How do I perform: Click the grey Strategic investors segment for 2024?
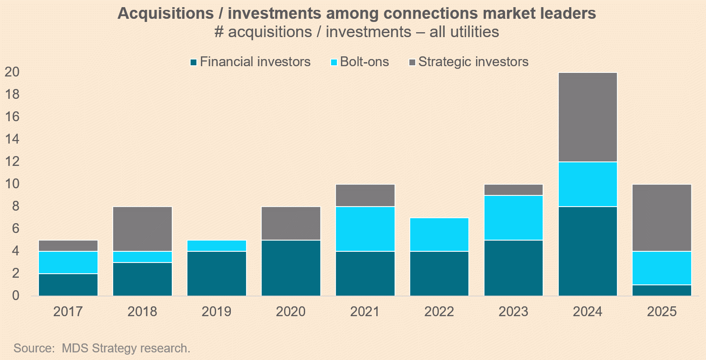(x=588, y=117)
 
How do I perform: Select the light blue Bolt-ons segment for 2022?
(x=439, y=234)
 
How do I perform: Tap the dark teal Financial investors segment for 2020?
(x=291, y=268)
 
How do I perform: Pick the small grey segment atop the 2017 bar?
(x=68, y=246)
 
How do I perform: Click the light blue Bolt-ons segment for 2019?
(x=217, y=246)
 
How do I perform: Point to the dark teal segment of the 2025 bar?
(x=662, y=290)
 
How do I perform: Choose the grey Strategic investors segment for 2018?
(x=142, y=229)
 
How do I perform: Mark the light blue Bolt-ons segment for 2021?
(x=365, y=229)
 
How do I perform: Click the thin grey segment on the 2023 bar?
(x=514, y=190)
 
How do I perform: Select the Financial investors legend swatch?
(x=194, y=62)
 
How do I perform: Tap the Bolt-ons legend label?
(x=364, y=62)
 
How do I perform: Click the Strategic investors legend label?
(x=473, y=62)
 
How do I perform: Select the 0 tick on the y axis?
(x=16, y=296)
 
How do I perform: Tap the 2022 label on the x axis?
(x=439, y=311)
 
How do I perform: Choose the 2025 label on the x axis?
(x=662, y=311)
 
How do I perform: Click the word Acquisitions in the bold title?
(x=166, y=13)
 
